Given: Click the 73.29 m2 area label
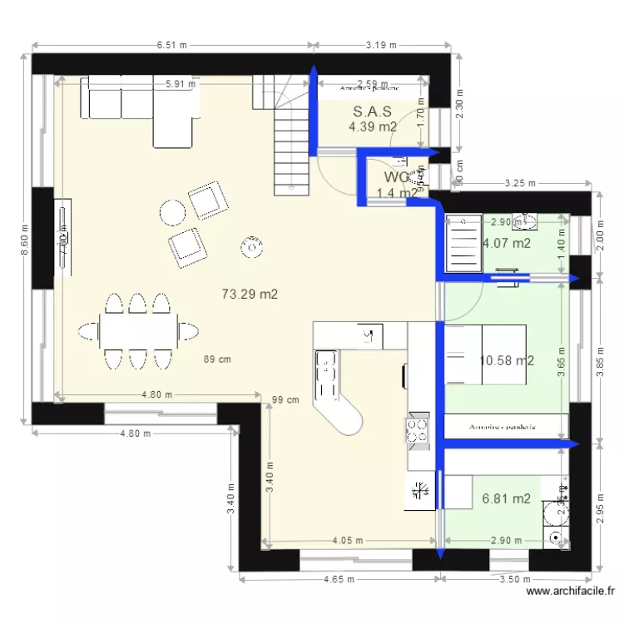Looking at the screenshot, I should click(250, 294).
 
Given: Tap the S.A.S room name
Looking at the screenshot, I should click(373, 111).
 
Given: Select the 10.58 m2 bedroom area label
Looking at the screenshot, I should click(507, 360).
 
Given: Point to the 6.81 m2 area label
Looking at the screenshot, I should click(506, 499).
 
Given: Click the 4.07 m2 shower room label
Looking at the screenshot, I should click(507, 244).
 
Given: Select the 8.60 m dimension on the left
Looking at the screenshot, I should click(24, 242).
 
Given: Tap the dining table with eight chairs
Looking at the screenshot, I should click(138, 331).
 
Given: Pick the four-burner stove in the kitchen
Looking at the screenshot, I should click(417, 429).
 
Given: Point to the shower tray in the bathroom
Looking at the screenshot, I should click(463, 243).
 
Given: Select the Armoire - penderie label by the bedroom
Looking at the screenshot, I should click(502, 427).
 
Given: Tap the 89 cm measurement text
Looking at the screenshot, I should click(217, 359).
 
